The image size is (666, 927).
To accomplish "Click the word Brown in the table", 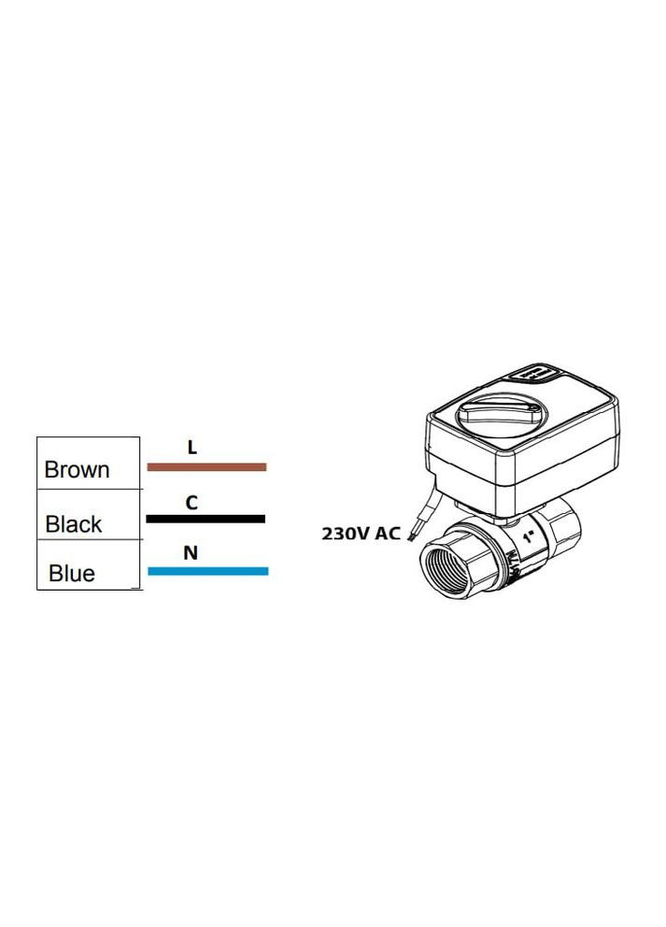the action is [x=77, y=469].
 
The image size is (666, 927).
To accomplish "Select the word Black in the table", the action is [x=73, y=524].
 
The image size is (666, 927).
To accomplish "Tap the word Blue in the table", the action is [x=72, y=573].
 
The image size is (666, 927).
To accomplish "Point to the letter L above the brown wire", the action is [x=192, y=448].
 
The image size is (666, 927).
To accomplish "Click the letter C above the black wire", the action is [x=191, y=503].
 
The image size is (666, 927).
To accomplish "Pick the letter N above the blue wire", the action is [x=191, y=553].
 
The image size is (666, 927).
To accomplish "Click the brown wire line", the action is [x=206, y=467].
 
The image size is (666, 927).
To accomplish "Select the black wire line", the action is [x=205, y=519].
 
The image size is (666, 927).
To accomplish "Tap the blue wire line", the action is [x=208, y=571].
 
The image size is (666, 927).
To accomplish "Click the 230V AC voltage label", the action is [x=361, y=534].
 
